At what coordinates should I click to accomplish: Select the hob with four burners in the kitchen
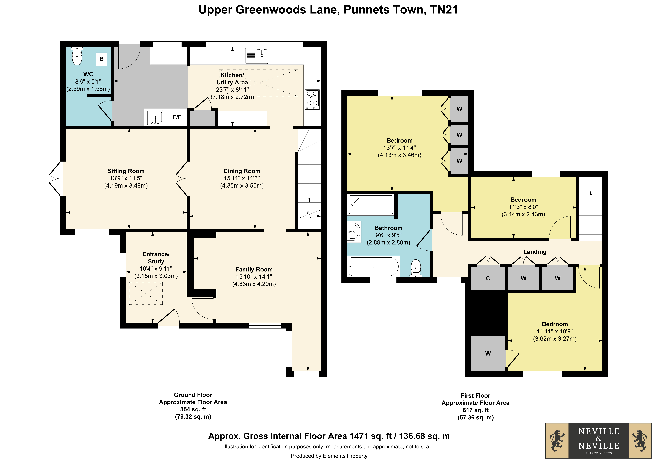tap(312, 100)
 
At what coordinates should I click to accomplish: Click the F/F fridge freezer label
tap(177, 117)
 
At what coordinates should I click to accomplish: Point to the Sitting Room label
tap(126, 171)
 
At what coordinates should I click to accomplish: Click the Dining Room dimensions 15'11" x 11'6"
tap(242, 178)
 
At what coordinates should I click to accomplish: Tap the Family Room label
tap(254, 269)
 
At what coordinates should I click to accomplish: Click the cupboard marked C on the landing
tap(488, 278)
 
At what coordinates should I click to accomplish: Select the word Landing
tap(535, 252)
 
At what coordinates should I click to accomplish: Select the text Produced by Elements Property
tap(329, 456)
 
